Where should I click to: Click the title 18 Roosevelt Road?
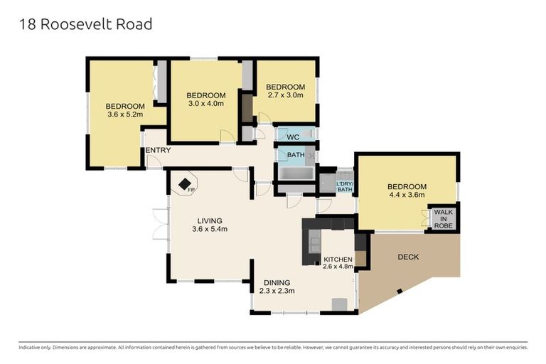[x=85, y=24]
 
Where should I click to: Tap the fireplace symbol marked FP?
[x=184, y=183]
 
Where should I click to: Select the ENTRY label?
[x=157, y=151]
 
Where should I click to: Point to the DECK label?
[x=408, y=257]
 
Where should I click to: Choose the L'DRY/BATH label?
[x=344, y=187]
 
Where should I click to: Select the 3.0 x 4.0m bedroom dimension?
[x=205, y=104]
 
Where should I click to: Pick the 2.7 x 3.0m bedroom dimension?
[x=285, y=95]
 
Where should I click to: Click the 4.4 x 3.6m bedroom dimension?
[x=406, y=194]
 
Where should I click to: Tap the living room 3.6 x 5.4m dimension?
[x=211, y=229]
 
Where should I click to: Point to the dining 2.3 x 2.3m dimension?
[x=277, y=291]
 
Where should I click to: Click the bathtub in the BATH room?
[x=294, y=173]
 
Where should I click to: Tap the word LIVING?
[x=210, y=220]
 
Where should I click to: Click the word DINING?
[x=277, y=282]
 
